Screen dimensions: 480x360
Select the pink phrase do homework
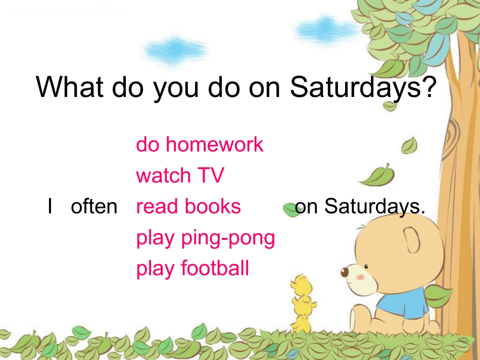tap(200, 144)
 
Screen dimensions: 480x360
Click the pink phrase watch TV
tap(180, 175)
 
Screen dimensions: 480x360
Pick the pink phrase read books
tap(188, 206)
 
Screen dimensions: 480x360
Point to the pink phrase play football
tap(193, 269)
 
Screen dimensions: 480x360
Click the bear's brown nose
tap(345, 272)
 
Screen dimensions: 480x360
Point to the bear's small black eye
tap(366, 267)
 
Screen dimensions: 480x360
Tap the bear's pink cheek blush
tap(361, 277)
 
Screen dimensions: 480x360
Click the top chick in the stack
tap(302, 284)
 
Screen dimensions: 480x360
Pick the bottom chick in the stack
tap(301, 324)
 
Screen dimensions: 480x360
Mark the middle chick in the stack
tap(304, 305)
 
